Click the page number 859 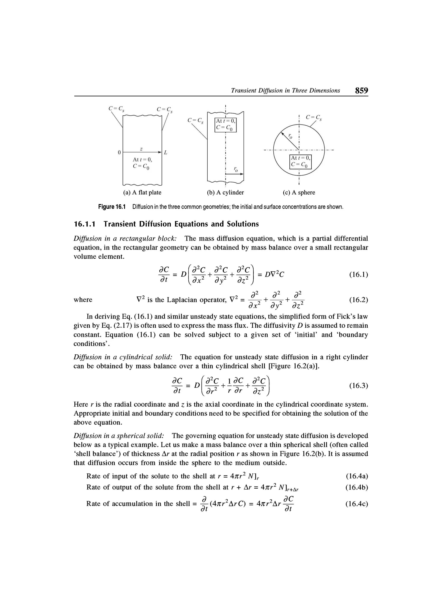(361, 90)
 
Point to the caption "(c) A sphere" (299, 193)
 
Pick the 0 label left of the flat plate (119, 152)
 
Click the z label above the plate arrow (141, 148)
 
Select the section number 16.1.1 (86, 224)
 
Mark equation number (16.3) (358, 386)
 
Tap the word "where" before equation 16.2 (83, 300)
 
